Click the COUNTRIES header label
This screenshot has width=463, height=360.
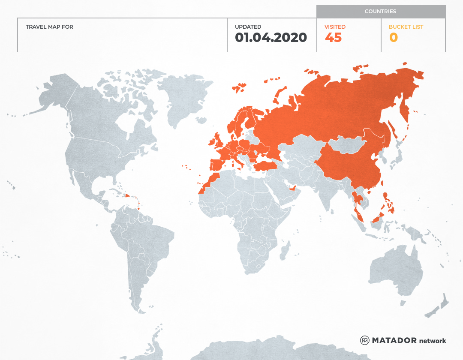tap(380, 12)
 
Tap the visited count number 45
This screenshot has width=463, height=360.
tap(333, 38)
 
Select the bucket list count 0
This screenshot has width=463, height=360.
tap(393, 38)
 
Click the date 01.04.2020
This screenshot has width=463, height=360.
tap(271, 38)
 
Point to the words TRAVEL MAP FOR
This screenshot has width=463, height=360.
tap(49, 27)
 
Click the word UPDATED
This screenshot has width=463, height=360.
tap(248, 27)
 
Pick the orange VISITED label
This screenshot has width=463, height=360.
tap(335, 27)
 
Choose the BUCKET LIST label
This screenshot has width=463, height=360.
tap(406, 27)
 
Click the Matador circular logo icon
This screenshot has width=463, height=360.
tap(365, 340)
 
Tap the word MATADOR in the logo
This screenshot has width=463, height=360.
tap(394, 340)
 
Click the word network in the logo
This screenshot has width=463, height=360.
tap(433, 341)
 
